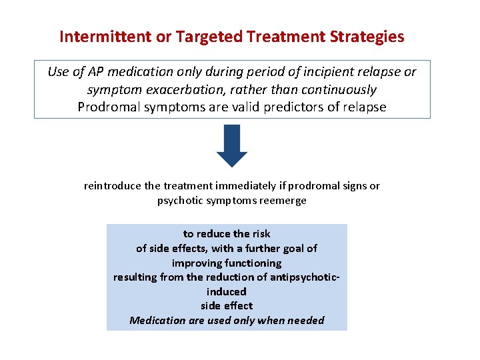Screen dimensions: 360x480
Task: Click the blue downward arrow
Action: pos(231,146)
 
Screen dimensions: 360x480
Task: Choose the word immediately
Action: pos(239,186)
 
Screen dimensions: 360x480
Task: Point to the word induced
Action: pos(227,291)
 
